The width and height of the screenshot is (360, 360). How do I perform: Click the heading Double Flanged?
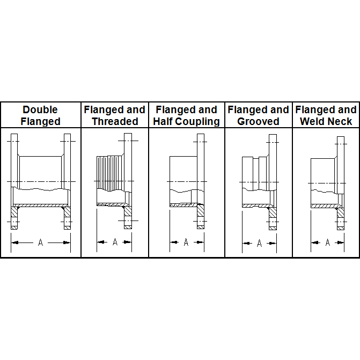pyautogui.click(x=40, y=115)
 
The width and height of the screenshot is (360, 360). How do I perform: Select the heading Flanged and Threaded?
pyautogui.click(x=115, y=115)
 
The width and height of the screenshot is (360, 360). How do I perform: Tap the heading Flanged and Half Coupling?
pyautogui.click(x=186, y=115)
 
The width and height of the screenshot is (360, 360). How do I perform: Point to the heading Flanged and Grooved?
pyautogui.click(x=258, y=115)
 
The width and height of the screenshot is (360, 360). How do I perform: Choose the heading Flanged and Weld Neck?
pyautogui.click(x=326, y=115)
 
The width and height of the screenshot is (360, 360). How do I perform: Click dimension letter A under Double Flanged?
pyautogui.click(x=40, y=242)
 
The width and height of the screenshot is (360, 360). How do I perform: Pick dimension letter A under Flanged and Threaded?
pyautogui.click(x=115, y=242)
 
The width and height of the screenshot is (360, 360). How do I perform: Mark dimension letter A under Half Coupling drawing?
pyautogui.click(x=186, y=242)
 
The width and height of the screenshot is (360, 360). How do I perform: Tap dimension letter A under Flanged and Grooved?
pyautogui.click(x=260, y=243)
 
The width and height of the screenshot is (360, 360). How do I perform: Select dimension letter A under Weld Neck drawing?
pyautogui.click(x=328, y=242)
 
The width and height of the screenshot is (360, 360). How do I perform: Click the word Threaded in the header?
pyautogui.click(x=115, y=121)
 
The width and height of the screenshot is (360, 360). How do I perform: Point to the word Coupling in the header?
pyautogui.click(x=197, y=122)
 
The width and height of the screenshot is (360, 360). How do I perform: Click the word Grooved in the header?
pyautogui.click(x=258, y=122)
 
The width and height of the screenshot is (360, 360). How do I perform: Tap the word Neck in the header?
pyautogui.click(x=341, y=121)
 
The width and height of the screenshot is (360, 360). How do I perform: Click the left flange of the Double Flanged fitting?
pyautogui.click(x=14, y=181)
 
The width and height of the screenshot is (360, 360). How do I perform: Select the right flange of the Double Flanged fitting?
pyautogui.click(x=67, y=181)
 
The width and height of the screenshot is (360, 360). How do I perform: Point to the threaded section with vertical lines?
pyautogui.click(x=111, y=173)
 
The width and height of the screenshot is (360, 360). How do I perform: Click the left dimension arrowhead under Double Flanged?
pyautogui.click(x=14, y=243)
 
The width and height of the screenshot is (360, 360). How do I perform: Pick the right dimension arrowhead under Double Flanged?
pyautogui.click(x=67, y=243)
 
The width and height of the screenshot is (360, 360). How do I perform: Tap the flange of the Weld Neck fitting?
pyautogui.click(x=341, y=183)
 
